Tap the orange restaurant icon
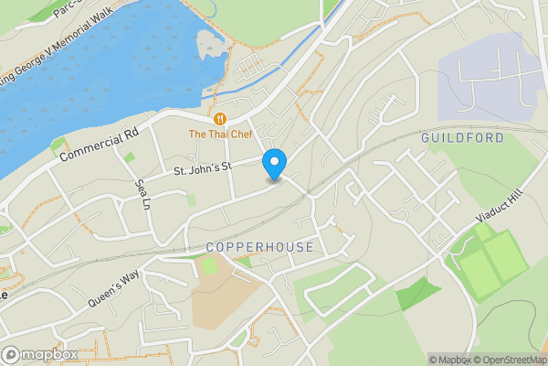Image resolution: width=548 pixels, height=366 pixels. tap(219, 118)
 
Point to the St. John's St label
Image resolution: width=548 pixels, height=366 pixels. tap(205, 167)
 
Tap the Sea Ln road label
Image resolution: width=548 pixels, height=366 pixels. tap(142, 194)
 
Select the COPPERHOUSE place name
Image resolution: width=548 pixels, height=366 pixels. tap(259, 247)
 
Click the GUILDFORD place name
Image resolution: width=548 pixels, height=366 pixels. tap(462, 137)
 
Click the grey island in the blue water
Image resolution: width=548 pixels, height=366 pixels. tap(212, 43)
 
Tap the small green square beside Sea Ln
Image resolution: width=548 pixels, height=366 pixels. tap(129, 157)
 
